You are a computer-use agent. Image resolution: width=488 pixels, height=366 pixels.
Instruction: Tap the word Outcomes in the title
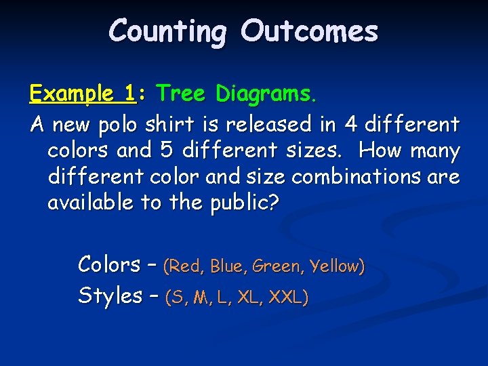(308, 31)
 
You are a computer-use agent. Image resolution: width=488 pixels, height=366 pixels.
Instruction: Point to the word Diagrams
(266, 94)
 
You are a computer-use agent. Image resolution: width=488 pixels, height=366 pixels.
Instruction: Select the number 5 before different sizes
(167, 150)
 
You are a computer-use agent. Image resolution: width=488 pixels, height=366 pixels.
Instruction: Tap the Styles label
(110, 296)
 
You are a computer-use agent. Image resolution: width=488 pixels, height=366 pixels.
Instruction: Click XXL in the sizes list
(289, 297)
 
